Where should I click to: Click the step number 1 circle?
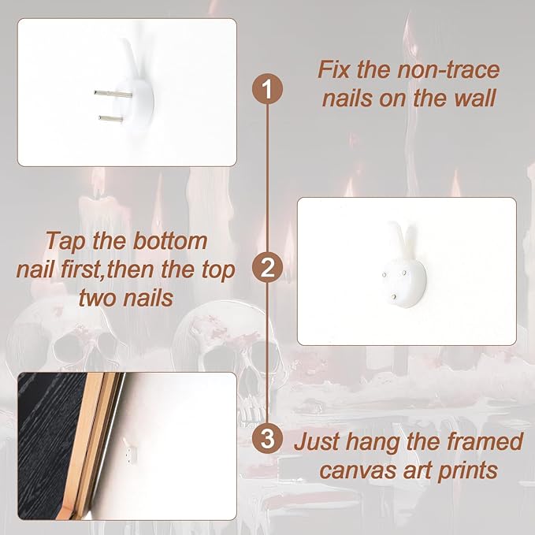(267, 89)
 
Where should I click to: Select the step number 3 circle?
(267, 438)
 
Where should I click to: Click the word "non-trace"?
(448, 70)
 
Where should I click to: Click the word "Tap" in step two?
(65, 242)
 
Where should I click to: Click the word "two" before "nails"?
(97, 299)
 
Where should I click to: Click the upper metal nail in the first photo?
(113, 94)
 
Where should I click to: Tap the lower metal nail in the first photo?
(111, 118)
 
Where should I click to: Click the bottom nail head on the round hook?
(394, 297)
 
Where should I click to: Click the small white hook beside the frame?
(129, 451)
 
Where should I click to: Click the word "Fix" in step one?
(334, 70)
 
